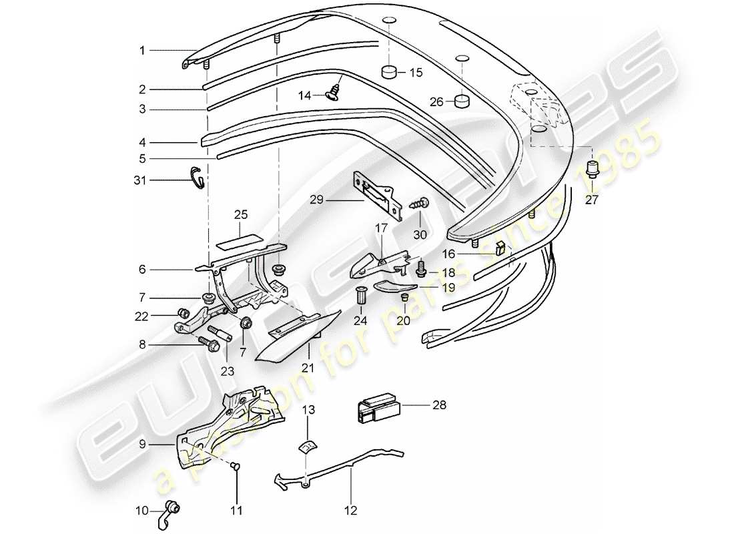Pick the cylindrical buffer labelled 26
(460, 101)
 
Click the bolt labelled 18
(421, 270)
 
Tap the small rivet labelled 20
(404, 298)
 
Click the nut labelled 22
(181, 313)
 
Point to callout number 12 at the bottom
(351, 511)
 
